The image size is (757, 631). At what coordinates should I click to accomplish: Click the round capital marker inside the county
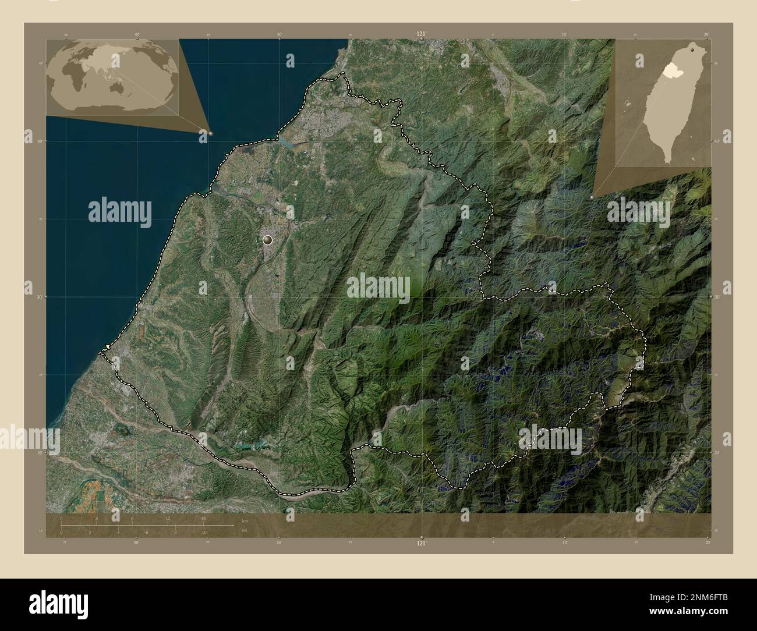[268, 239]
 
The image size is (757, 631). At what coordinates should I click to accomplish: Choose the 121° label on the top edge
[420, 34]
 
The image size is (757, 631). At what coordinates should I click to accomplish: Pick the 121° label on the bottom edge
[420, 543]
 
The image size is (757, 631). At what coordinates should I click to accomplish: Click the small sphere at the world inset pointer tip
[210, 133]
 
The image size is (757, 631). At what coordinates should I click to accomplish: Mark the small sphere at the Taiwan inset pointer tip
[593, 198]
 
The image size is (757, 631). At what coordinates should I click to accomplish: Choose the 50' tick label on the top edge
[280, 34]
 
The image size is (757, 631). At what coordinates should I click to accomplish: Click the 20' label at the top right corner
[706, 34]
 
